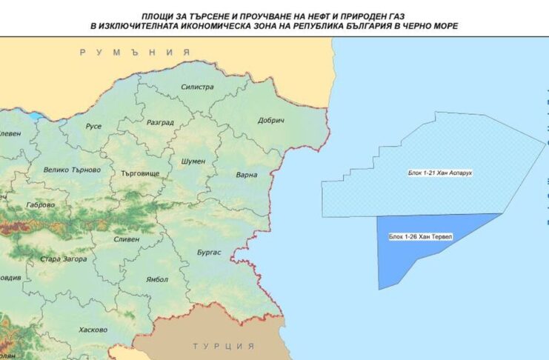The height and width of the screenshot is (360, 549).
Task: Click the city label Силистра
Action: tap(197, 87)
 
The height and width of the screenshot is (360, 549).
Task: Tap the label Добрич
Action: tap(271, 121)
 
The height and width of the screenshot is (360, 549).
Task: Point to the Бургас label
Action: tap(208, 253)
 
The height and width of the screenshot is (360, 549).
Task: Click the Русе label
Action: tap(93, 127)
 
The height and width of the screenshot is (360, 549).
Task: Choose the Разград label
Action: tap(160, 122)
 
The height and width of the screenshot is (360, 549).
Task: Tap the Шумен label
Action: tap(193, 161)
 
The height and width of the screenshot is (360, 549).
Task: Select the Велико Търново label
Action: tap(72, 170)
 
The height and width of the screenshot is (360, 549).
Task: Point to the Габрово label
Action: tap(40, 205)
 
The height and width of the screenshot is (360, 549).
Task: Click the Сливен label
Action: tap(127, 239)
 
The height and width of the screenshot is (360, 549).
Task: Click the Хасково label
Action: tap(93, 330)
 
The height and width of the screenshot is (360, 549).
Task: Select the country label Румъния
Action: tap(130, 53)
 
